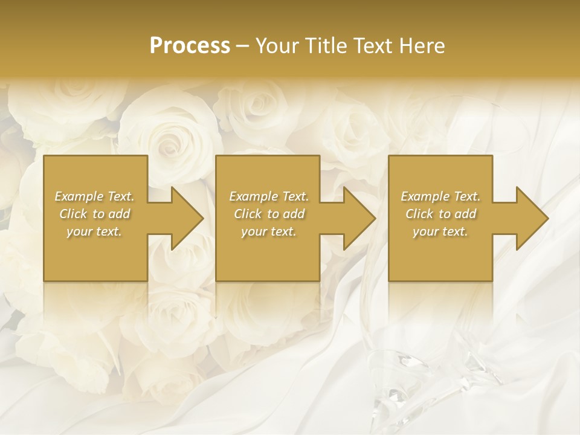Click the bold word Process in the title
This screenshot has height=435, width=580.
pos(190,46)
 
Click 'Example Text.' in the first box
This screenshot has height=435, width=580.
pos(94,196)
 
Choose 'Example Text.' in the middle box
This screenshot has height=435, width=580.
pos(269,196)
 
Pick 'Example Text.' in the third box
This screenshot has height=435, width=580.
pos(440,196)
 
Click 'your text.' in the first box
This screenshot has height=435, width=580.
pos(94,231)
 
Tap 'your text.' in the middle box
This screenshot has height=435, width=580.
pos(269,231)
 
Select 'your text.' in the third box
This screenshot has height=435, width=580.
pos(440,231)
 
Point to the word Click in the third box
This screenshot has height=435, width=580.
pos(420,214)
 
